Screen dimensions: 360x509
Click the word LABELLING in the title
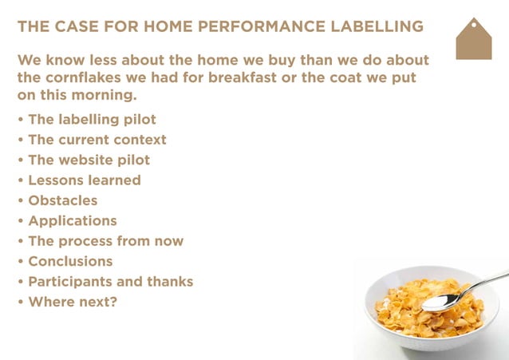click(374, 27)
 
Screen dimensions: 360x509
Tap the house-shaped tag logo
click(473, 39)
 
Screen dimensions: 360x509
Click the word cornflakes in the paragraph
click(81, 78)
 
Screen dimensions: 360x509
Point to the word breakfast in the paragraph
click(274, 78)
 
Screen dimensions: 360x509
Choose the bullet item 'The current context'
click(97, 140)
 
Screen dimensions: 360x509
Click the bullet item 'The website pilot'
click(89, 160)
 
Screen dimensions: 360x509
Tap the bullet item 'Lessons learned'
click(84, 180)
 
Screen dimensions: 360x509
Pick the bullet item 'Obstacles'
click(62, 200)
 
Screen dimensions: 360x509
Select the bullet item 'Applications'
click(72, 220)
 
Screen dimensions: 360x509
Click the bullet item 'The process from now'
click(105, 241)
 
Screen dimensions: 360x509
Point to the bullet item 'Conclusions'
click(70, 261)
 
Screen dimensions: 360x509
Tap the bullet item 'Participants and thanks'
click(110, 282)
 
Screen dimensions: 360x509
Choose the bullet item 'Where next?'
click(72, 302)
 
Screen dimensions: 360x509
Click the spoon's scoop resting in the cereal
click(440, 303)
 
